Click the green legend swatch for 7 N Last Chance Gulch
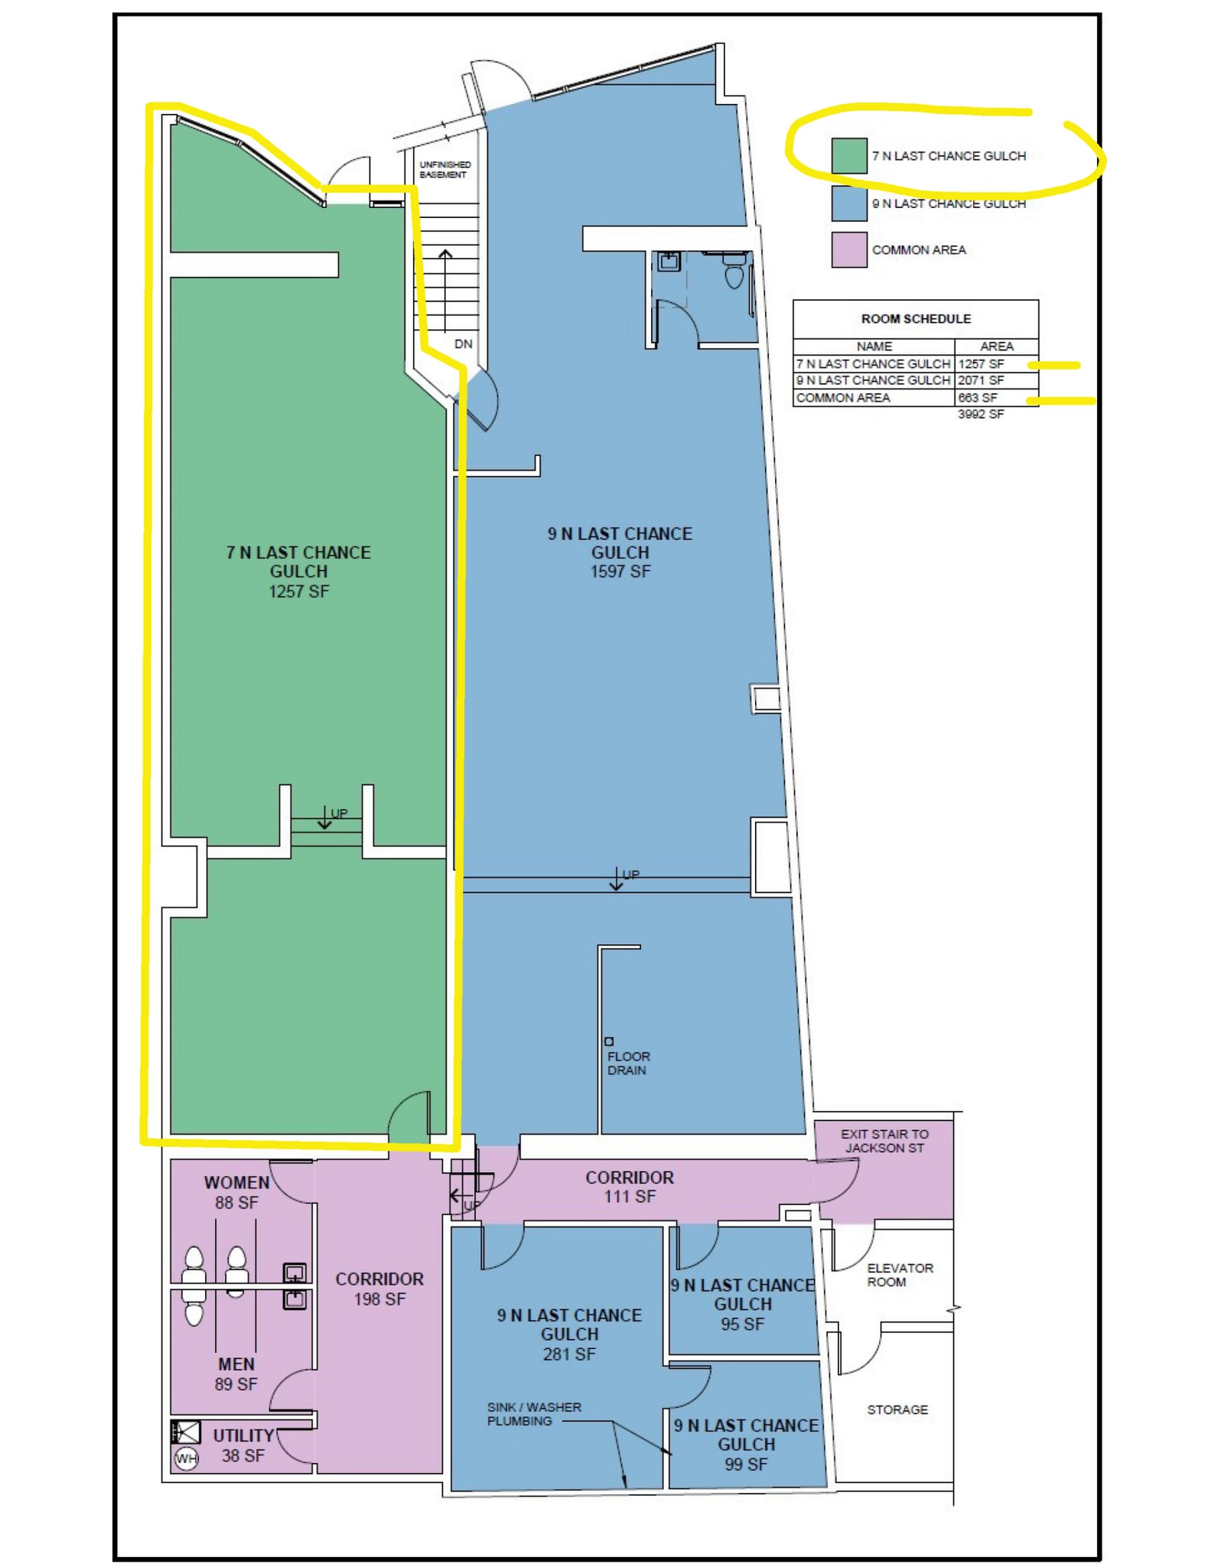pyautogui.click(x=849, y=155)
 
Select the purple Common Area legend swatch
pyautogui.click(x=849, y=249)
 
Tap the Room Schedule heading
pyautogui.click(x=916, y=318)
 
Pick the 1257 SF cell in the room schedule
pyautogui.click(x=981, y=364)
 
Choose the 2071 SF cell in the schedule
pyautogui.click(x=981, y=380)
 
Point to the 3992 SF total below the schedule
pyautogui.click(x=981, y=414)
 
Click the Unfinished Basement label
pyautogui.click(x=444, y=169)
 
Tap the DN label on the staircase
pyautogui.click(x=463, y=344)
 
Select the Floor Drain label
pyautogui.click(x=628, y=1064)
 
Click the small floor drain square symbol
pyautogui.click(x=609, y=1041)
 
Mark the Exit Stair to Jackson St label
pyautogui.click(x=884, y=1141)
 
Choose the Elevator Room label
pyautogui.click(x=900, y=1275)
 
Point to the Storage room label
pyautogui.click(x=897, y=1409)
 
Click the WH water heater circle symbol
pyautogui.click(x=186, y=1458)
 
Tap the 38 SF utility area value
pyautogui.click(x=243, y=1455)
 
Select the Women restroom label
pyautogui.click(x=236, y=1182)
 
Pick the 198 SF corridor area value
pyautogui.click(x=379, y=1298)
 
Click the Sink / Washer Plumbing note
pyautogui.click(x=534, y=1414)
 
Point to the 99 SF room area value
pyautogui.click(x=746, y=1464)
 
